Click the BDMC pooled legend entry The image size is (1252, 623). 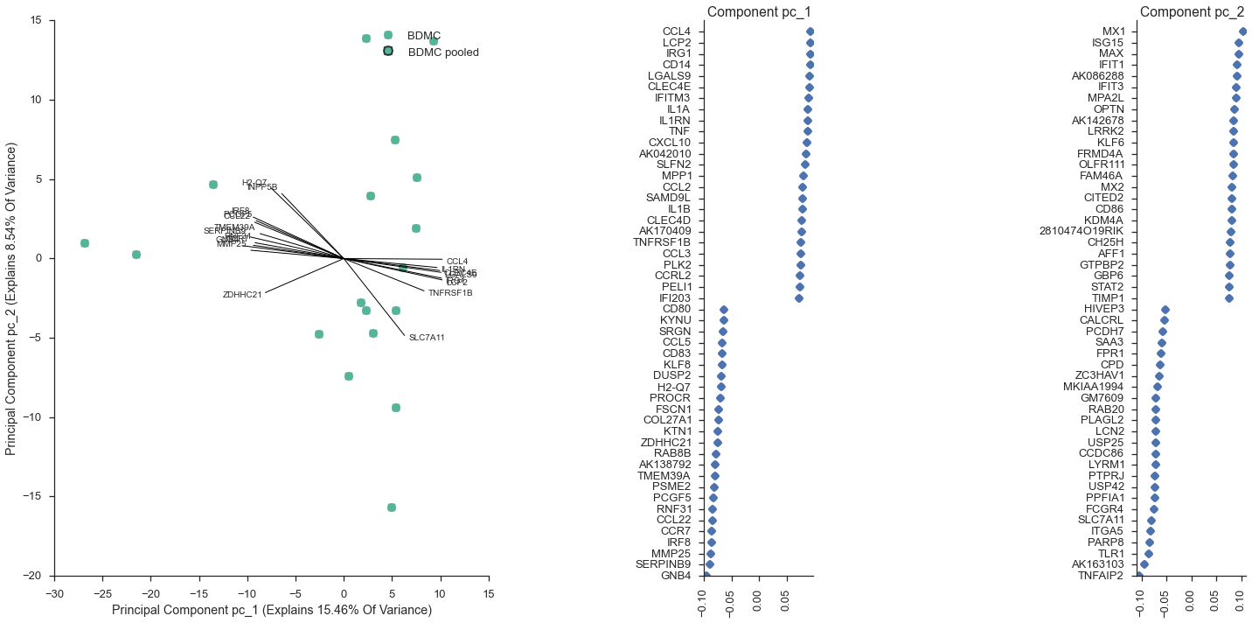pyautogui.click(x=442, y=52)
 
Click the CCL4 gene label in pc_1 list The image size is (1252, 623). pyautogui.click(x=677, y=31)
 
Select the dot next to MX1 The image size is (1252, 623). pyautogui.click(x=1242, y=31)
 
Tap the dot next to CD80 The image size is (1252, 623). pyautogui.click(x=724, y=310)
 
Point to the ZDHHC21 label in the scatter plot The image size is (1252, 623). pyautogui.click(x=242, y=295)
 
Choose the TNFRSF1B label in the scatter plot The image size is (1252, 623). pyautogui.click(x=449, y=293)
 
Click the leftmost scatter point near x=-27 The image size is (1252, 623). pyautogui.click(x=85, y=243)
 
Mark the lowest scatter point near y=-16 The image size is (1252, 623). pyautogui.click(x=392, y=507)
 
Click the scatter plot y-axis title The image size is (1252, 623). pyautogui.click(x=11, y=297)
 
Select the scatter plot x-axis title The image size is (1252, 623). pyautogui.click(x=272, y=610)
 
